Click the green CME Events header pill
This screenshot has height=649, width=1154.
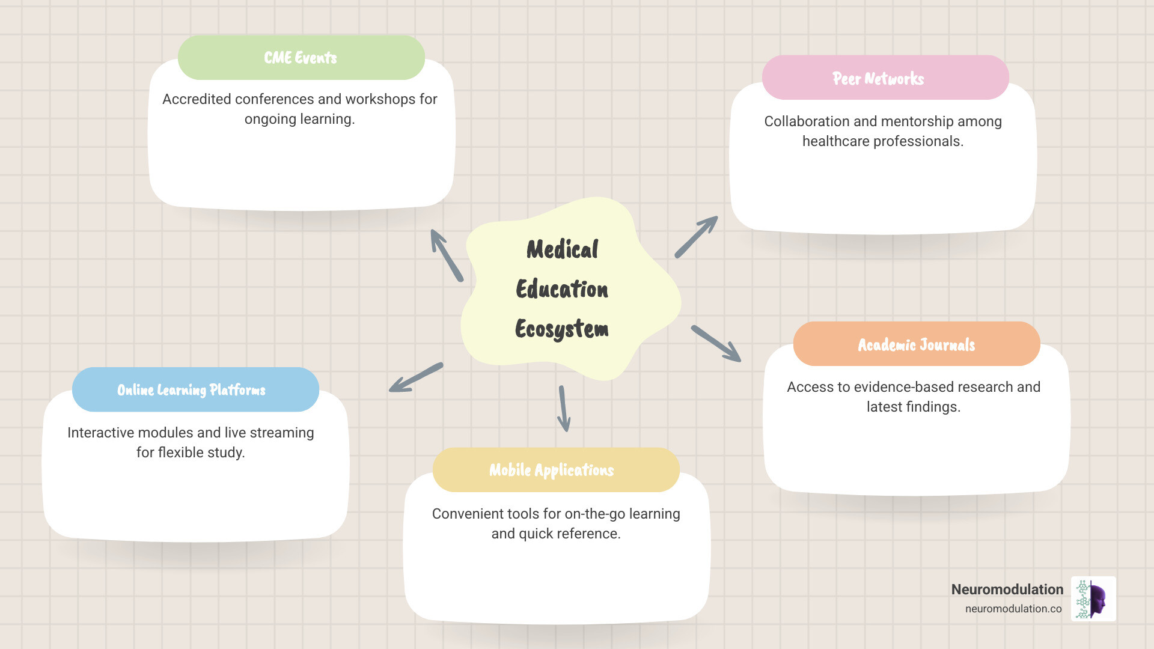coord(301,58)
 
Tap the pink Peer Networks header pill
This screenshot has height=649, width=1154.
coord(885,78)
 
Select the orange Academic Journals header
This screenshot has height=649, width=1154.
coord(916,344)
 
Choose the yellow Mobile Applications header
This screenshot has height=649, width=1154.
coord(555,470)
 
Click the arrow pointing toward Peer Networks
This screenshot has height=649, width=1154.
coord(696,237)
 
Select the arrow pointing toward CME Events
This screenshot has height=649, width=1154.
coord(447,255)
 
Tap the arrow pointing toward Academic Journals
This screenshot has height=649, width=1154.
coord(716,344)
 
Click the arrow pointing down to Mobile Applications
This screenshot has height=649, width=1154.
coord(564,409)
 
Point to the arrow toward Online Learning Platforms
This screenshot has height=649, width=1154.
coord(416,377)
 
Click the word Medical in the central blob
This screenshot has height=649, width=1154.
coord(563,249)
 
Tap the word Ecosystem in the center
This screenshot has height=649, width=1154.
coord(562,329)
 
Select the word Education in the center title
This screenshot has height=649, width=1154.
coord(562,289)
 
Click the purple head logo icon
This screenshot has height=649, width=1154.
coord(1094,599)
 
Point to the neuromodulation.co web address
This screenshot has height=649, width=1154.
coord(1013,609)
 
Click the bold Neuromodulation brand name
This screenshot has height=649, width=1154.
coord(1007,590)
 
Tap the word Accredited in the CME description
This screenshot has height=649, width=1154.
coord(197,99)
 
